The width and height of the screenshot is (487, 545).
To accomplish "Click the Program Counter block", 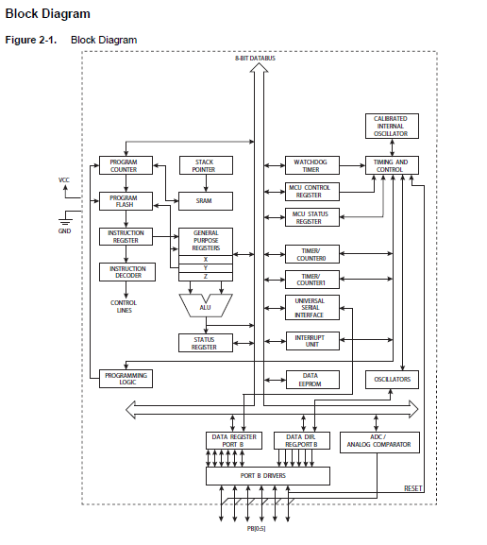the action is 126,165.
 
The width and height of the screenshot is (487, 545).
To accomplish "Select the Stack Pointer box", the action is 206,165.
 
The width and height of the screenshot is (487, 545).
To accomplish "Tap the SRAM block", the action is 206,201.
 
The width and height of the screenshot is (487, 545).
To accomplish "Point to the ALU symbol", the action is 206,305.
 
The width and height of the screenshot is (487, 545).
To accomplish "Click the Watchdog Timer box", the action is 312,165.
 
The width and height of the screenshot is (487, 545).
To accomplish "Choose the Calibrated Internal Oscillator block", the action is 392,126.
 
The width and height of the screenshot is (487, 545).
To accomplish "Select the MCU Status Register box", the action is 312,217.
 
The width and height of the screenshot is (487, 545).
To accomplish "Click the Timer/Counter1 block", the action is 312,280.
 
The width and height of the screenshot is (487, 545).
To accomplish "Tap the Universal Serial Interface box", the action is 312,308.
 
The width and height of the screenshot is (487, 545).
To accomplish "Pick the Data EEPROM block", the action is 312,380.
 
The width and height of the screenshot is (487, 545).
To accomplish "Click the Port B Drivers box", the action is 268,476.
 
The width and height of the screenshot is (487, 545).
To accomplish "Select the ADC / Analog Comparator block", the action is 379,442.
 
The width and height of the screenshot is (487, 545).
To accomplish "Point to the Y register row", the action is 206,268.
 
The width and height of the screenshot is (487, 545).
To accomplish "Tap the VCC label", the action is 64,180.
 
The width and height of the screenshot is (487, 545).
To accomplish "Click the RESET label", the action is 413,488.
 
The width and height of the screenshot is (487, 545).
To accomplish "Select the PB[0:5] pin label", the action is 256,529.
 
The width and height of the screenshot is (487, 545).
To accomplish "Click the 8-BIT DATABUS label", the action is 256,58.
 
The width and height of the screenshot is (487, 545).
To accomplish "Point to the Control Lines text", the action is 124,306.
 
